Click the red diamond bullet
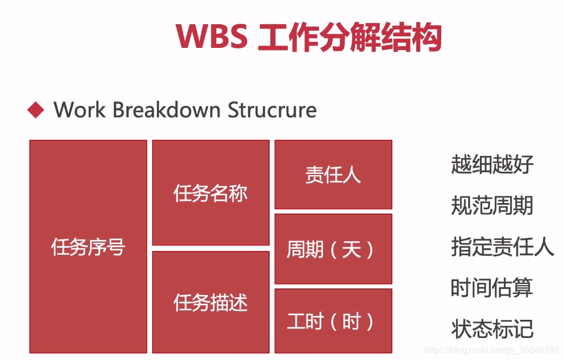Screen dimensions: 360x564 click(36, 110)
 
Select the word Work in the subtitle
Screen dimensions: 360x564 click(79, 110)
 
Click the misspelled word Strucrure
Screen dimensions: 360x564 click(272, 110)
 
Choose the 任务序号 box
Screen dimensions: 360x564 click(88, 247)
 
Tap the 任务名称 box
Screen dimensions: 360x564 click(211, 193)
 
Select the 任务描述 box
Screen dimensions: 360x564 click(211, 302)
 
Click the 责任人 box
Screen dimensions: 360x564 click(333, 174)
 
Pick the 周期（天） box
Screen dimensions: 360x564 click(333, 249)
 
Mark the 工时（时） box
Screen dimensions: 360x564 click(333, 321)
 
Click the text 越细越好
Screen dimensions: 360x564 click(492, 164)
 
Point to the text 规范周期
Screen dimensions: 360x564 click(492, 205)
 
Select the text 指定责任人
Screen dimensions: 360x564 click(502, 246)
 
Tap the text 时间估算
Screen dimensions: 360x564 click(492, 287)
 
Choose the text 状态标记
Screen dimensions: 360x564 click(492, 329)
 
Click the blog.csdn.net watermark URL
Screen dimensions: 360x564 click(492, 350)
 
